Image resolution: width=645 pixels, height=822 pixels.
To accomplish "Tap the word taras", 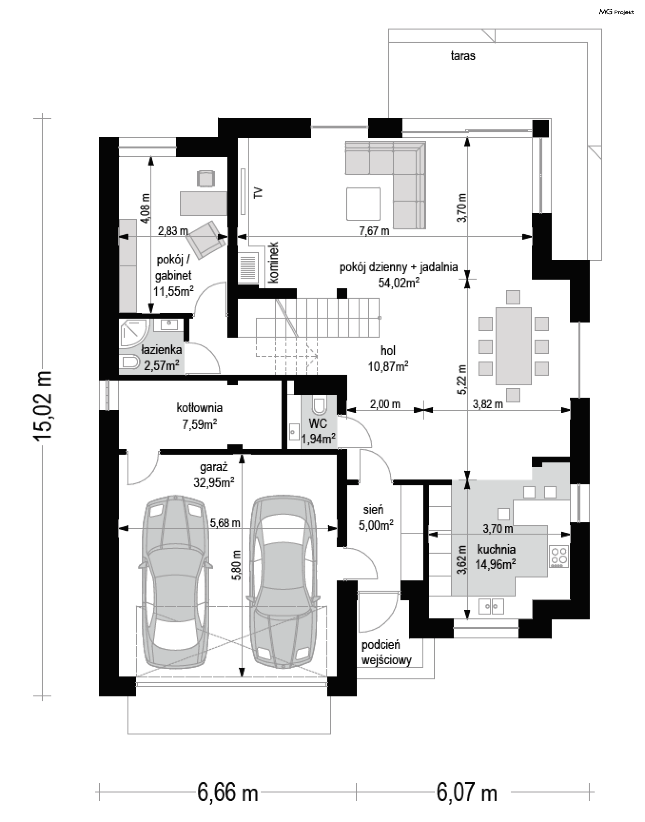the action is [x=463, y=56].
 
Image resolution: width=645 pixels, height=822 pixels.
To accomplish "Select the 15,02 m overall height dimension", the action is [x=42, y=405].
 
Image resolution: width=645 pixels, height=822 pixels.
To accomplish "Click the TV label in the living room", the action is [x=258, y=192].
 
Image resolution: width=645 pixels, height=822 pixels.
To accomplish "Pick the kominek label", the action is [x=274, y=262].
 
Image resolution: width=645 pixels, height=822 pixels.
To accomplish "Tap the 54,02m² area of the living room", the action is [x=399, y=283].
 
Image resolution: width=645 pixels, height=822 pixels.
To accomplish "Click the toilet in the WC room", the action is [x=319, y=405].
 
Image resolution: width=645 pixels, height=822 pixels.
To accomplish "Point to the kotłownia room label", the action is [x=200, y=408].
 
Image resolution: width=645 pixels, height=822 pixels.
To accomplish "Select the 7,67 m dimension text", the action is [x=374, y=231].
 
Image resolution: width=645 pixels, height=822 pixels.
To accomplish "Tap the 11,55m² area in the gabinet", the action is [x=174, y=291].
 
